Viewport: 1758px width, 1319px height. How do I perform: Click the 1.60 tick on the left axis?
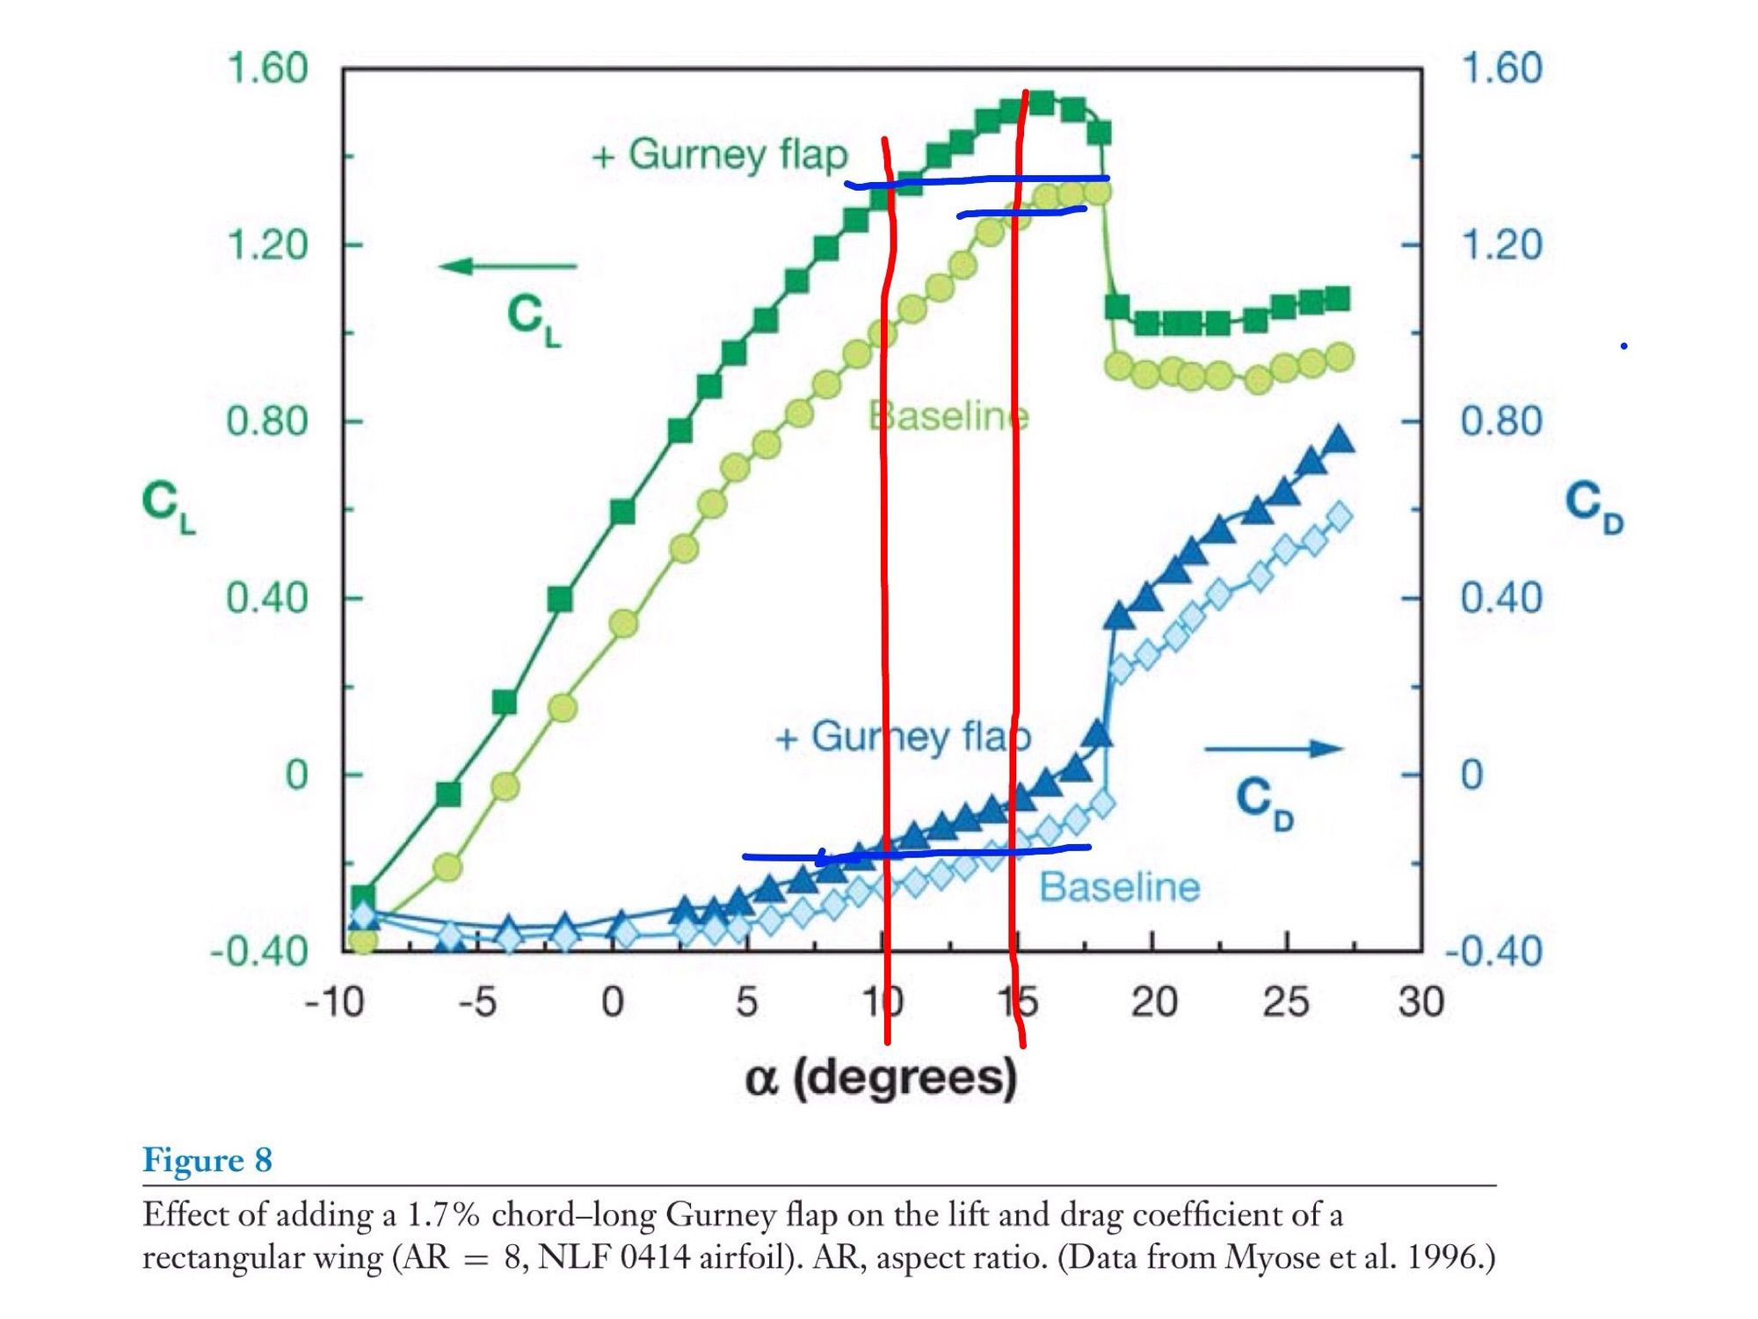tap(267, 69)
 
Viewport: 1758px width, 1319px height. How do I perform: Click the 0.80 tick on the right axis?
tap(1501, 421)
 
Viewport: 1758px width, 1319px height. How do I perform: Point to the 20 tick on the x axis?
tap(1153, 1002)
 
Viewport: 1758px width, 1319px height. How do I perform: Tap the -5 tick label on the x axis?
tap(477, 1002)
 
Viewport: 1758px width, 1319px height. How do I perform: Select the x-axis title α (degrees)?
tap(881, 1078)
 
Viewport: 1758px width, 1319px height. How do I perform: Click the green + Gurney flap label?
tap(720, 155)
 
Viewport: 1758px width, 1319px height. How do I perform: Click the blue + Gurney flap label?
tap(903, 737)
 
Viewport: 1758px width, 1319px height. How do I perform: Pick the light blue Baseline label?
tap(1119, 887)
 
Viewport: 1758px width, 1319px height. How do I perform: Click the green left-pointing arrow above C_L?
tap(508, 266)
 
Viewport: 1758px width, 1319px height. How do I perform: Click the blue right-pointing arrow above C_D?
tap(1274, 749)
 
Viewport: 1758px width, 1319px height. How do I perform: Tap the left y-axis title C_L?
tap(169, 508)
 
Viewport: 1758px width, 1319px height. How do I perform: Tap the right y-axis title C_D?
tap(1594, 508)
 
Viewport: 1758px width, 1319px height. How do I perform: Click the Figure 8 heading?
tap(207, 1160)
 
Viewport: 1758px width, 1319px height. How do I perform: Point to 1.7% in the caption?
tap(443, 1215)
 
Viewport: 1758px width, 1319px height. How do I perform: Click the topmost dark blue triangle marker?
tap(1340, 439)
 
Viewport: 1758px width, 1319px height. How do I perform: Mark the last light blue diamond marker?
tap(1340, 516)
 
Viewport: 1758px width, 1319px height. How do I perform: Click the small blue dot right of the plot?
tap(1624, 346)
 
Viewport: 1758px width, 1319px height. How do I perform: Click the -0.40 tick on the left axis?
tap(259, 951)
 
